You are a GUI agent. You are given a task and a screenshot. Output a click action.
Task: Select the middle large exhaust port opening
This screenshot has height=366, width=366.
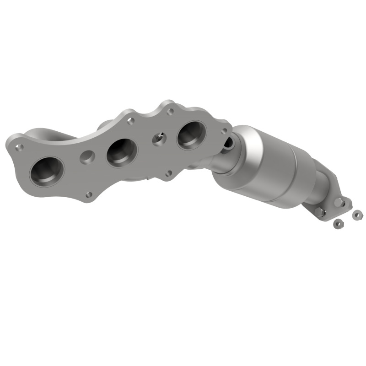coord(122,152)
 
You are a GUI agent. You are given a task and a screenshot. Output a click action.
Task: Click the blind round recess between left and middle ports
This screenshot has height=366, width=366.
coord(86,157)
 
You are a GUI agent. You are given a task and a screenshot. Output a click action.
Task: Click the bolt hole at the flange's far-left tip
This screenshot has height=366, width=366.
coord(19,147)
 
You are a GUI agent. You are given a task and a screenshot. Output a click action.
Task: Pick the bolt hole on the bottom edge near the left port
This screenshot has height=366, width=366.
coord(89,195)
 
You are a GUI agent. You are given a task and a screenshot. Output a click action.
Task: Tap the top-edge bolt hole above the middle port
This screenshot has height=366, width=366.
coord(130,121)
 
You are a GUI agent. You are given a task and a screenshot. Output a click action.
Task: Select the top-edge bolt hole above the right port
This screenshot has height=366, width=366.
coord(170,111)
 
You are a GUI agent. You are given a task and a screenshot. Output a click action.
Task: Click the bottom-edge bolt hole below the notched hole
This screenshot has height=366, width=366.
coord(169,173)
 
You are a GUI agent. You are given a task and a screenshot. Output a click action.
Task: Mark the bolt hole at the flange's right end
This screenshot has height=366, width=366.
coord(224,131)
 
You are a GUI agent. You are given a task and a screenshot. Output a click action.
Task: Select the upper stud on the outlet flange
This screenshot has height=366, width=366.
coord(339,202)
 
